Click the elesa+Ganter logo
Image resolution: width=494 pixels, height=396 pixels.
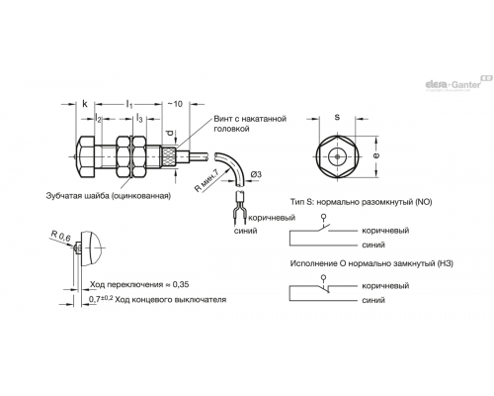click(x=458, y=83)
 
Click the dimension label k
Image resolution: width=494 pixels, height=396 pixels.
click(x=85, y=104)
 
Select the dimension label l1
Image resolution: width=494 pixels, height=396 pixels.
click(x=129, y=104)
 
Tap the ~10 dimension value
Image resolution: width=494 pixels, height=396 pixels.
click(x=175, y=104)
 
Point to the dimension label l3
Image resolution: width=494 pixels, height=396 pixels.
click(x=139, y=118)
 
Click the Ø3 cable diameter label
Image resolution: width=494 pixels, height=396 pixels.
click(x=256, y=174)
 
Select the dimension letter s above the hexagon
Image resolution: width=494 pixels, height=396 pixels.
click(x=337, y=117)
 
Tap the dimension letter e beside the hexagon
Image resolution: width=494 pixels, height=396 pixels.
click(x=376, y=155)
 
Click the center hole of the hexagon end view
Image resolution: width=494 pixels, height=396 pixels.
click(x=337, y=156)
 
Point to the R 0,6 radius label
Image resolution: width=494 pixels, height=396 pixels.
click(x=61, y=236)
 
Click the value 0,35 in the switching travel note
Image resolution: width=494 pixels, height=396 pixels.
click(x=181, y=284)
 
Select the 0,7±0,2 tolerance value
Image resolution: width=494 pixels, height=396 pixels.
click(x=101, y=299)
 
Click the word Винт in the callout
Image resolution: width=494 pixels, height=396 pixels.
click(x=222, y=119)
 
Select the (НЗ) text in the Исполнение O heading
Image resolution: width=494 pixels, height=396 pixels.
click(x=445, y=263)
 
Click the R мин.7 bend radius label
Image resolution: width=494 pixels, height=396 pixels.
click(x=207, y=180)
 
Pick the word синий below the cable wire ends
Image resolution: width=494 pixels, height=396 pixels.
click(x=245, y=231)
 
